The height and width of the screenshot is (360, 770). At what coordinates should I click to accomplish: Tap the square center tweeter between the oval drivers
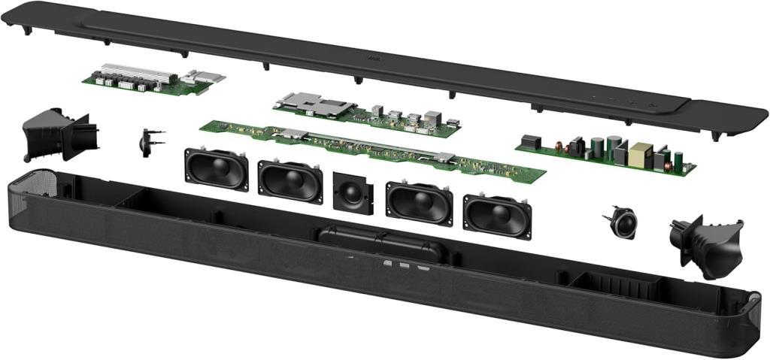coord(352,192)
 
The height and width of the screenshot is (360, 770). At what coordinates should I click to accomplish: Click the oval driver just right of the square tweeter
coord(419,201)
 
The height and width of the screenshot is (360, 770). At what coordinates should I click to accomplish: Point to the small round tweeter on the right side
coord(622,222)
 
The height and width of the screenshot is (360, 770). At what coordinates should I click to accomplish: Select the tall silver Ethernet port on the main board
coord(434,118)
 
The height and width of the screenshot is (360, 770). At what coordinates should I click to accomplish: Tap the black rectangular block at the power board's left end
coord(531,141)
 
